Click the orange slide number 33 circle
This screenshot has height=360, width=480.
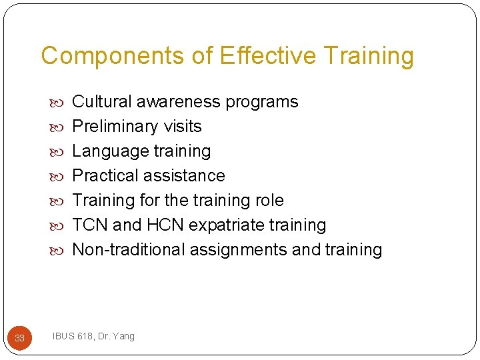tap(19, 338)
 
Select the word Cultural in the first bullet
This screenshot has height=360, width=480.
tap(101, 102)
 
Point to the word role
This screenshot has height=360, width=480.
tap(269, 201)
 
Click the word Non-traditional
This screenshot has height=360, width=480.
tap(129, 250)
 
